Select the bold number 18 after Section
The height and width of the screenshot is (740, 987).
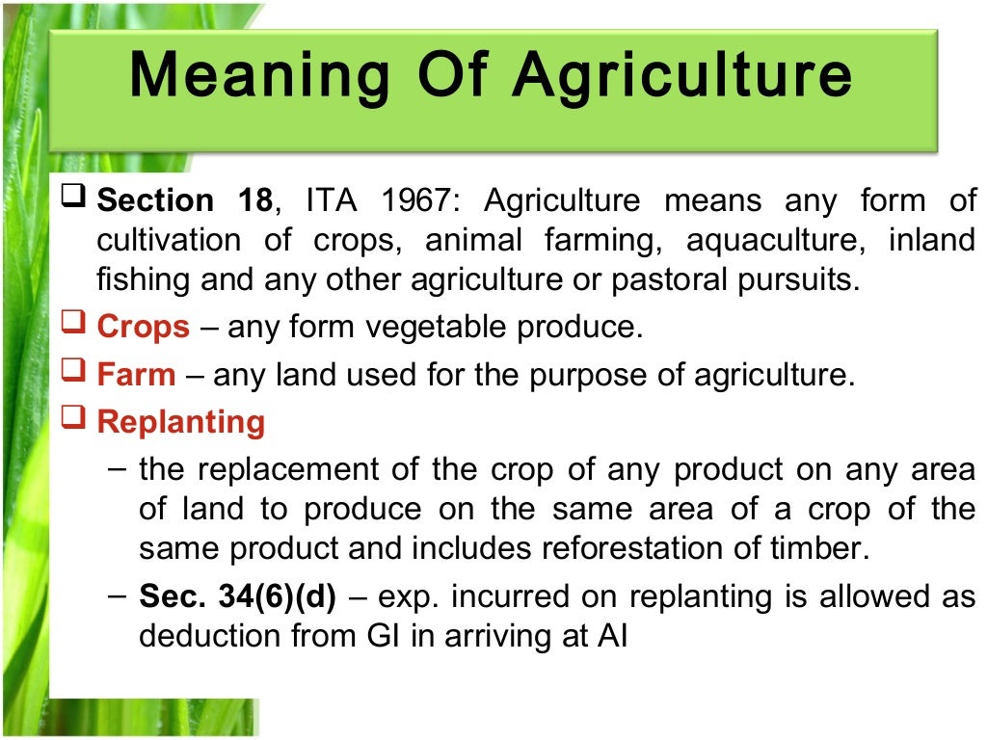(x=254, y=201)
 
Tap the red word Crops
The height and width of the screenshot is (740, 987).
(x=143, y=327)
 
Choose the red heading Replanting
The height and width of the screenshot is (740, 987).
(x=180, y=422)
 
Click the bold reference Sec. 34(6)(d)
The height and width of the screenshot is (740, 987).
(x=237, y=597)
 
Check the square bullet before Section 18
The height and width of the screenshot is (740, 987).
(x=75, y=199)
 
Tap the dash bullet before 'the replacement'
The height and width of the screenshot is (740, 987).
(x=117, y=470)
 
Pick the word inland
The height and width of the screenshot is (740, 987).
(x=932, y=240)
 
